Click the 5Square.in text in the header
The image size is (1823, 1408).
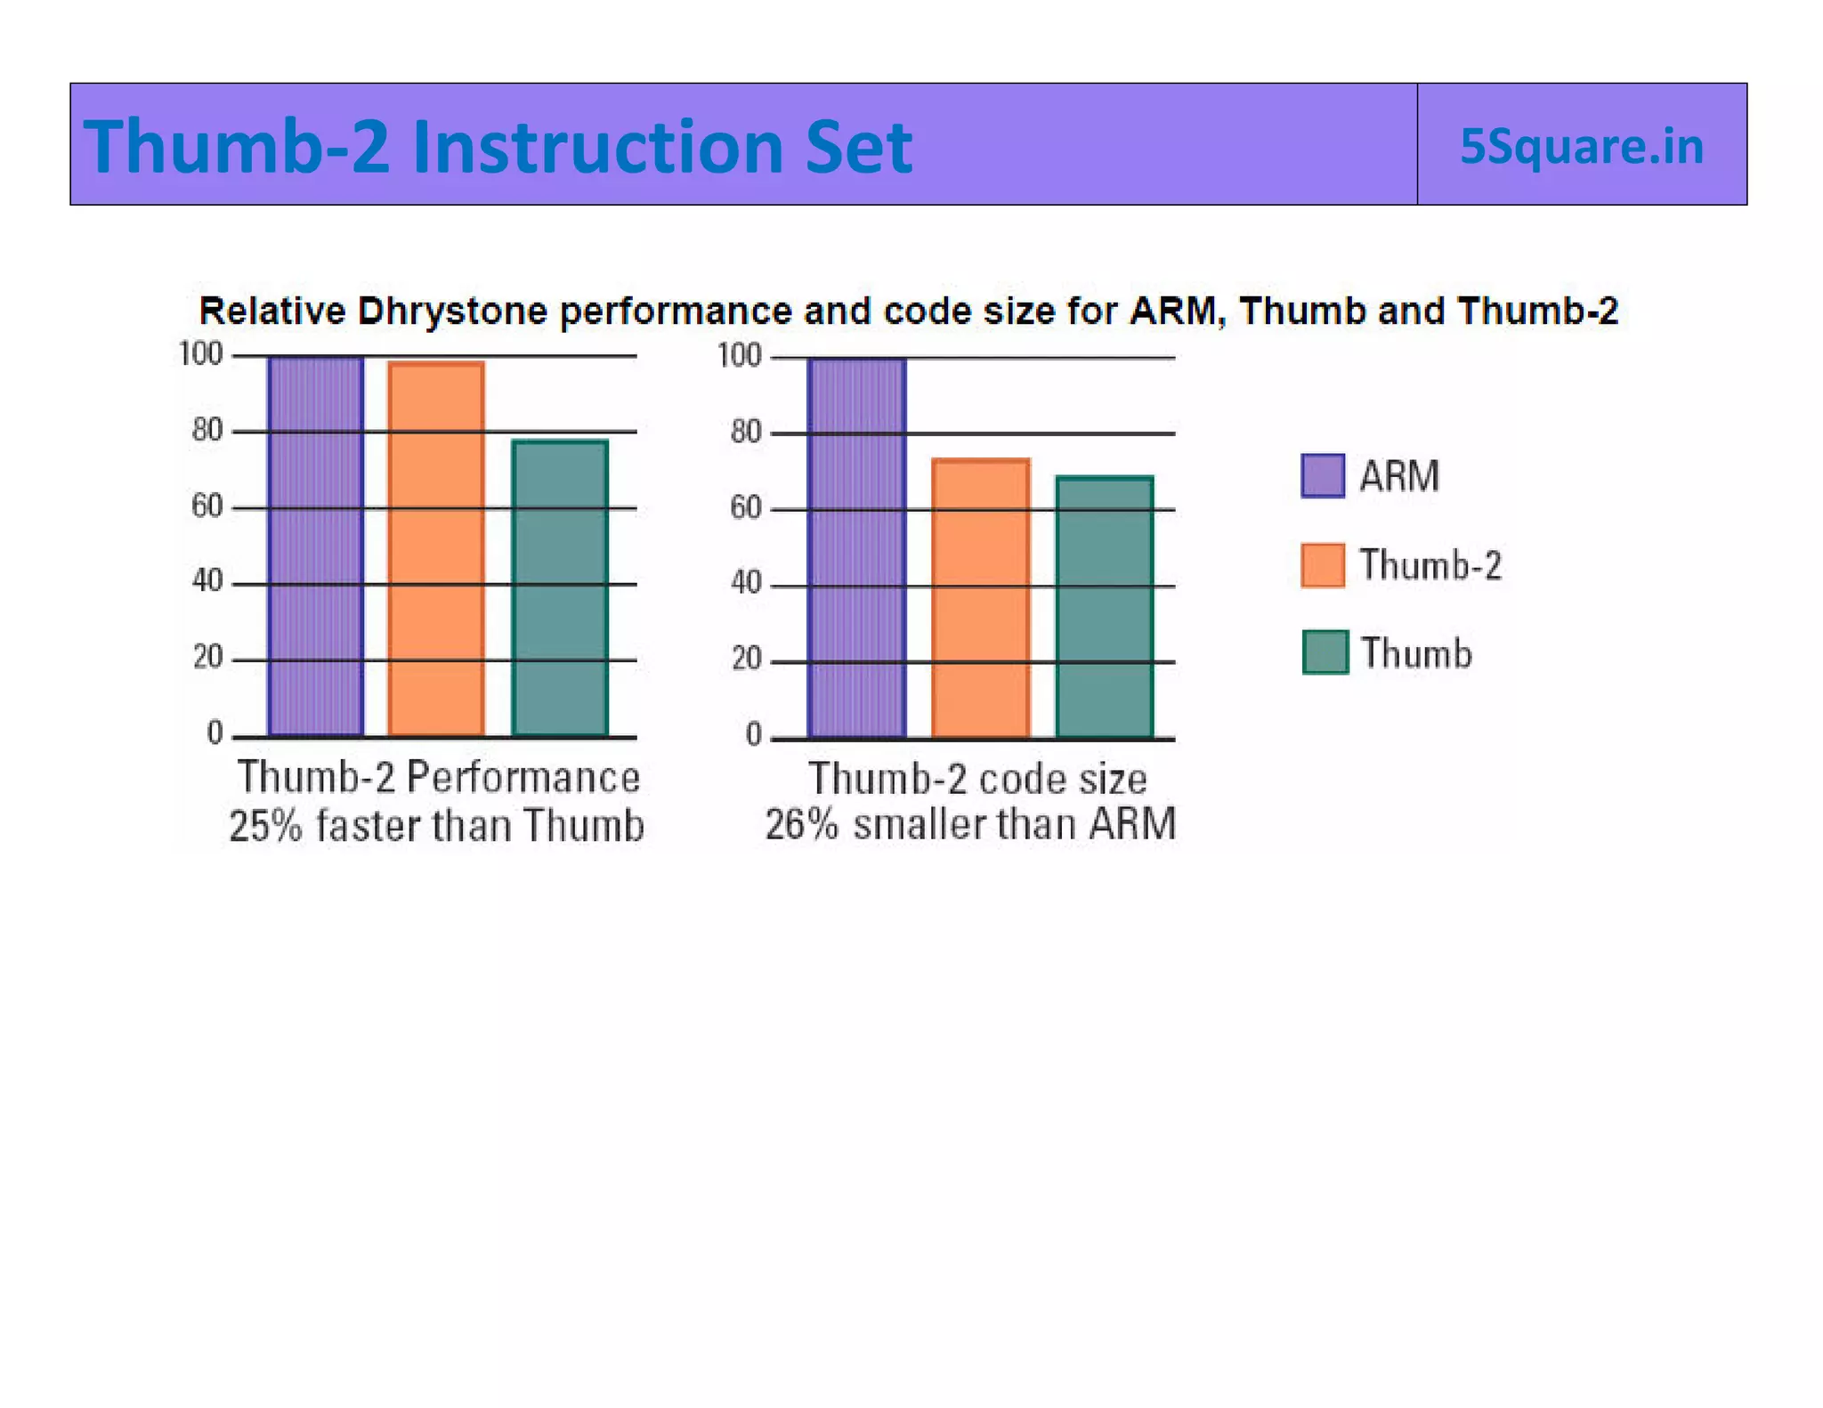[1581, 146]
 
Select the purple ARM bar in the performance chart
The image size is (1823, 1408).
[316, 546]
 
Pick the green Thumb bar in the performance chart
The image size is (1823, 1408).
[560, 587]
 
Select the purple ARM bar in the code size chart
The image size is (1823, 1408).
[856, 547]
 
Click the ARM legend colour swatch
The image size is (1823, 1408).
[1322, 475]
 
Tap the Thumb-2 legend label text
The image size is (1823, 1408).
[1430, 565]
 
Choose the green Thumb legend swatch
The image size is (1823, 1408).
[1325, 652]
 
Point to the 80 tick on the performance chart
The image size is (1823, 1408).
[207, 431]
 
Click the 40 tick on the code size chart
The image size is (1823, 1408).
[746, 583]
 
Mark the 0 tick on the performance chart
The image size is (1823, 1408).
[215, 732]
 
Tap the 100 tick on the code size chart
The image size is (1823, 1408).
[740, 356]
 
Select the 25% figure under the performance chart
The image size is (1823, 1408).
[265, 826]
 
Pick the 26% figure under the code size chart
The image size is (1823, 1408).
[801, 824]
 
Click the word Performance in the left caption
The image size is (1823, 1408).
[523, 777]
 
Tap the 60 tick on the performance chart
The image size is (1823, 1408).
[207, 506]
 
